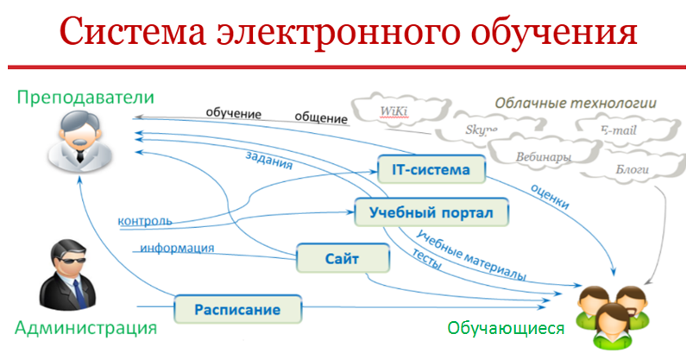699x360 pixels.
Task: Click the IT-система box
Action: pyautogui.click(x=431, y=169)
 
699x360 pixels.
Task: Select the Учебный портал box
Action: pyautogui.click(x=431, y=212)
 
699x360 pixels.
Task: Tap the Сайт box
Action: pyautogui.click(x=343, y=258)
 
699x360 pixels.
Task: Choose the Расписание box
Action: pyautogui.click(x=237, y=309)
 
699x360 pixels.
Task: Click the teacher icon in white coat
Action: pyautogui.click(x=80, y=141)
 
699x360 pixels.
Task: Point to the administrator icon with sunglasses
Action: pyautogui.click(x=67, y=275)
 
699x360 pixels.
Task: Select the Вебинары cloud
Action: pyautogui.click(x=543, y=156)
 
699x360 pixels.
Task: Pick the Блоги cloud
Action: pyautogui.click(x=633, y=169)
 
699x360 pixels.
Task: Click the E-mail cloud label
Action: pyautogui.click(x=619, y=130)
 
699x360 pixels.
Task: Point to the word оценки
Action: pyautogui.click(x=550, y=196)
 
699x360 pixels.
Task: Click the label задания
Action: pyautogui.click(x=268, y=161)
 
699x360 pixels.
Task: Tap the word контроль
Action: pyautogui.click(x=145, y=221)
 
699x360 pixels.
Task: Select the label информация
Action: pyautogui.click(x=177, y=248)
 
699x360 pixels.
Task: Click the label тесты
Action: pyautogui.click(x=426, y=259)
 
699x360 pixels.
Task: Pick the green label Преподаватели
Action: pyautogui.click(x=85, y=98)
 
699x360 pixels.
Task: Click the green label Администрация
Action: pyautogui.click(x=86, y=328)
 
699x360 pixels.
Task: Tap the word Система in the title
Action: pyautogui.click(x=132, y=31)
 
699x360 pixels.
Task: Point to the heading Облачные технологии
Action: pyautogui.click(x=576, y=103)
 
